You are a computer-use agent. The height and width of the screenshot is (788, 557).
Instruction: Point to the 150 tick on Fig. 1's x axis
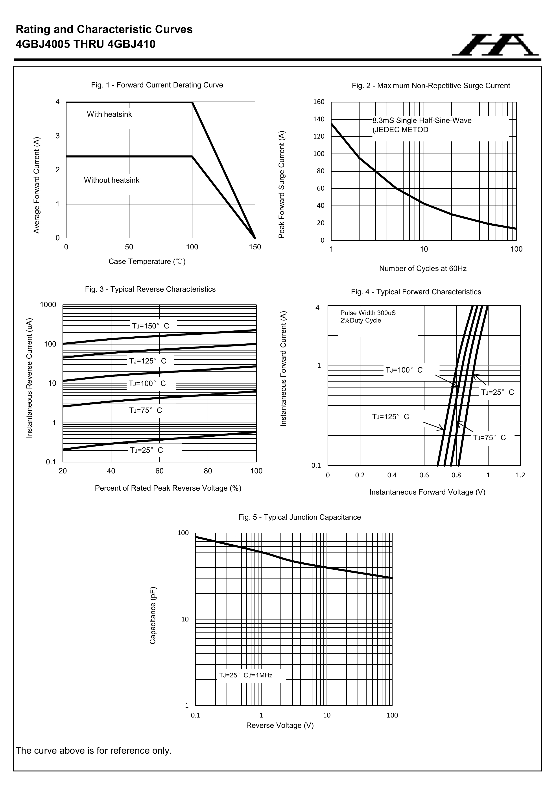pos(255,247)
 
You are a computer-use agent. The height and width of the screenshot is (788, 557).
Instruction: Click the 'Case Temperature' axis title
pos(147,261)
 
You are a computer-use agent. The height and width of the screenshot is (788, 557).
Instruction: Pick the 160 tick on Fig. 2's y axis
pos(319,102)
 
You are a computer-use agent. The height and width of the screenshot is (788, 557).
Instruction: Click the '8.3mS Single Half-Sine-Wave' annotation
pos(422,121)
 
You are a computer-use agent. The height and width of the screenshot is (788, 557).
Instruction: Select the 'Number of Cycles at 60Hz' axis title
pos(422,268)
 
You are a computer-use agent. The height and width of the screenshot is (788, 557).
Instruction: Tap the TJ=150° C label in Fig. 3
pos(151,326)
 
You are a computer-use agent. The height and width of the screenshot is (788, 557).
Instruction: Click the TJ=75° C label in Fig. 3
pos(146,410)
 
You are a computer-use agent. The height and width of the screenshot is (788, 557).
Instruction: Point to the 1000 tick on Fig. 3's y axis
pos(48,305)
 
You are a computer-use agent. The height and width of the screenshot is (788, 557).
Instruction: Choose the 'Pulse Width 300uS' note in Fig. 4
pos(368,313)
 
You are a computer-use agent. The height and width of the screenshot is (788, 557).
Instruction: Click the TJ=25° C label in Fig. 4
pos(497,392)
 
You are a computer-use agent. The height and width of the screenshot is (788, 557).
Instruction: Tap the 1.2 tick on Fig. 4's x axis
pos(520,475)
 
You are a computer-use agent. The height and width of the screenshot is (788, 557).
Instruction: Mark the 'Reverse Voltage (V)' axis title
pos(280,725)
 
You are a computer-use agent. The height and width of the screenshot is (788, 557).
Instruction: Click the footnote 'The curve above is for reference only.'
pos(93,751)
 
